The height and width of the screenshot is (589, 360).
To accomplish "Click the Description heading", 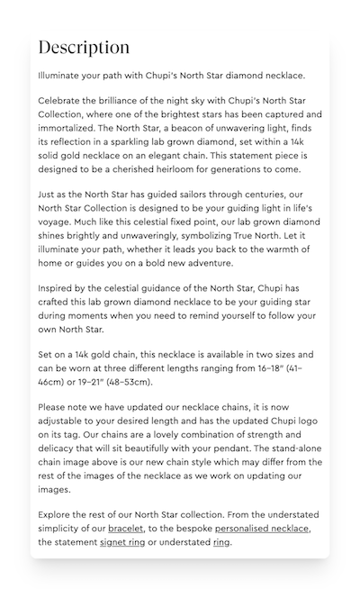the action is pyautogui.click(x=84, y=48).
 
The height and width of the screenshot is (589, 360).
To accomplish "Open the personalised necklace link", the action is pyautogui.click(x=260, y=529).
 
